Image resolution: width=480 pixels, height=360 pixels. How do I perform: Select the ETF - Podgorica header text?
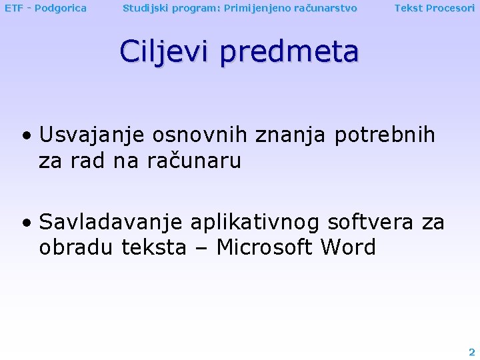45,8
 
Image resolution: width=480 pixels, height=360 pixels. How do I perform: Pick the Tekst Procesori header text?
434,8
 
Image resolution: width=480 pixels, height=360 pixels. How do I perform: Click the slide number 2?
471,352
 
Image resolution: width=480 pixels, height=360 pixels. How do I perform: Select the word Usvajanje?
93,135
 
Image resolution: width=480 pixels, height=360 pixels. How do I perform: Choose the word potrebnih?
385,135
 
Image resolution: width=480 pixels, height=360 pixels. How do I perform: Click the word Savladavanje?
111,221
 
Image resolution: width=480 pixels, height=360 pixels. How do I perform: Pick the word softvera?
372,221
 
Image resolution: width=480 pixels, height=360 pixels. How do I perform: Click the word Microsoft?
265,247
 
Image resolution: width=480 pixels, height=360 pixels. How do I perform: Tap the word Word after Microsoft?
348,247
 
